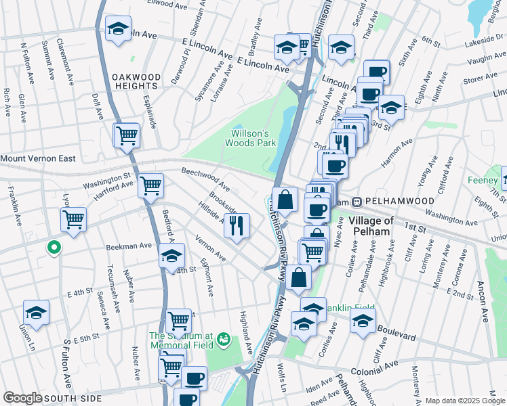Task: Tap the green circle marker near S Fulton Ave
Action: [x=53, y=248]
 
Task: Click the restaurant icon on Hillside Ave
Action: [x=236, y=224]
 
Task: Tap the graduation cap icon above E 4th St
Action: [x=172, y=256]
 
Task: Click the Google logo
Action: [x=23, y=399]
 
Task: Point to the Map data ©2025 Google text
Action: [x=464, y=401]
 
